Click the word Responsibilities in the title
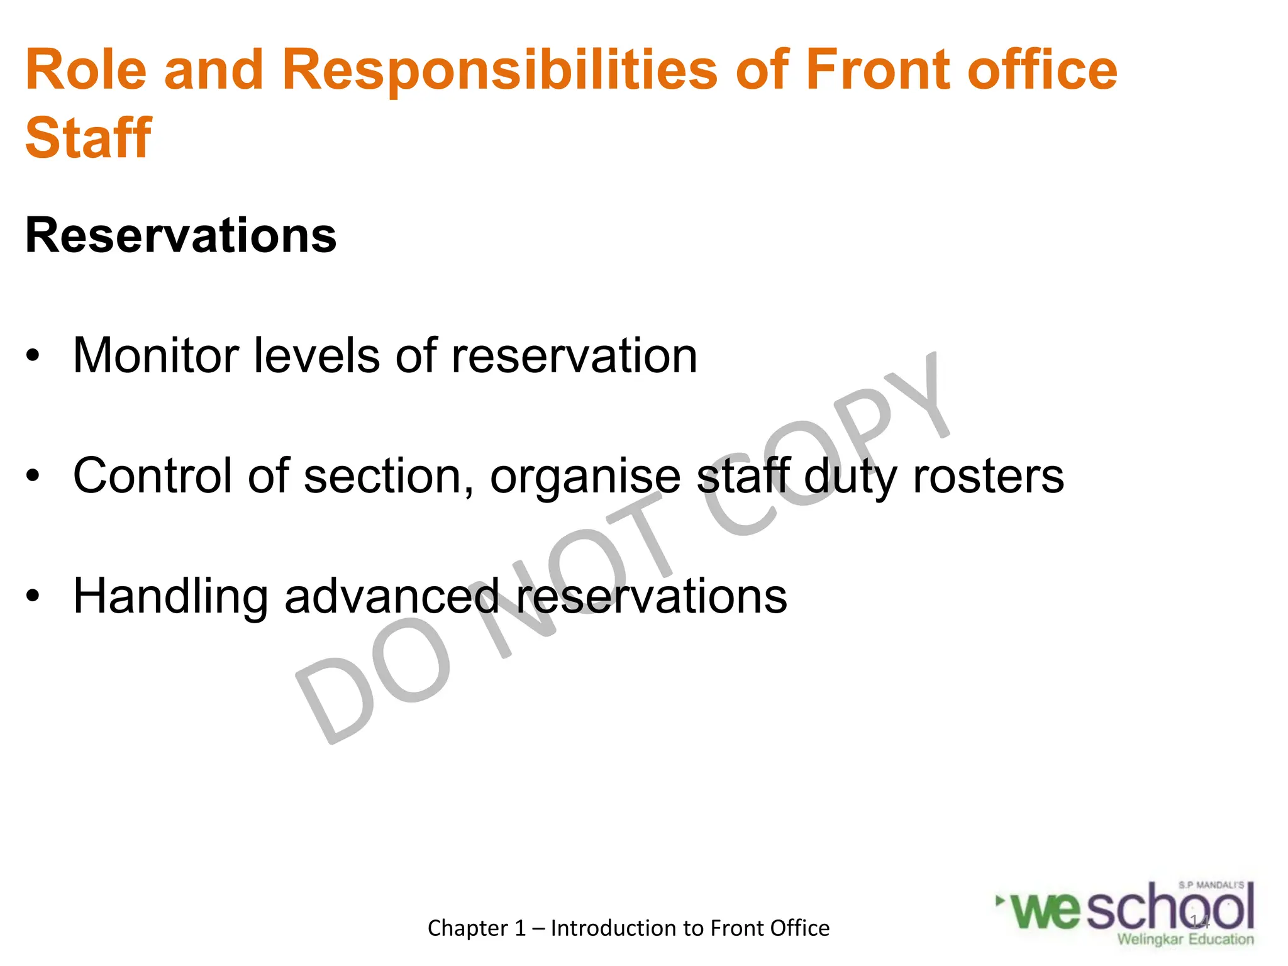[500, 70]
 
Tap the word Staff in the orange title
[88, 138]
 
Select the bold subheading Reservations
[181, 236]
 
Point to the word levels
[316, 355]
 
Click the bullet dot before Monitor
[33, 357]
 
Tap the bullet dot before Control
[33, 476]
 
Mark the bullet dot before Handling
[33, 596]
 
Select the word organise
[585, 477]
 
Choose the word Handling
[170, 596]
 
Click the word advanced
[392, 596]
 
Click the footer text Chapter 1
[476, 928]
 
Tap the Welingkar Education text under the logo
[1185, 940]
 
